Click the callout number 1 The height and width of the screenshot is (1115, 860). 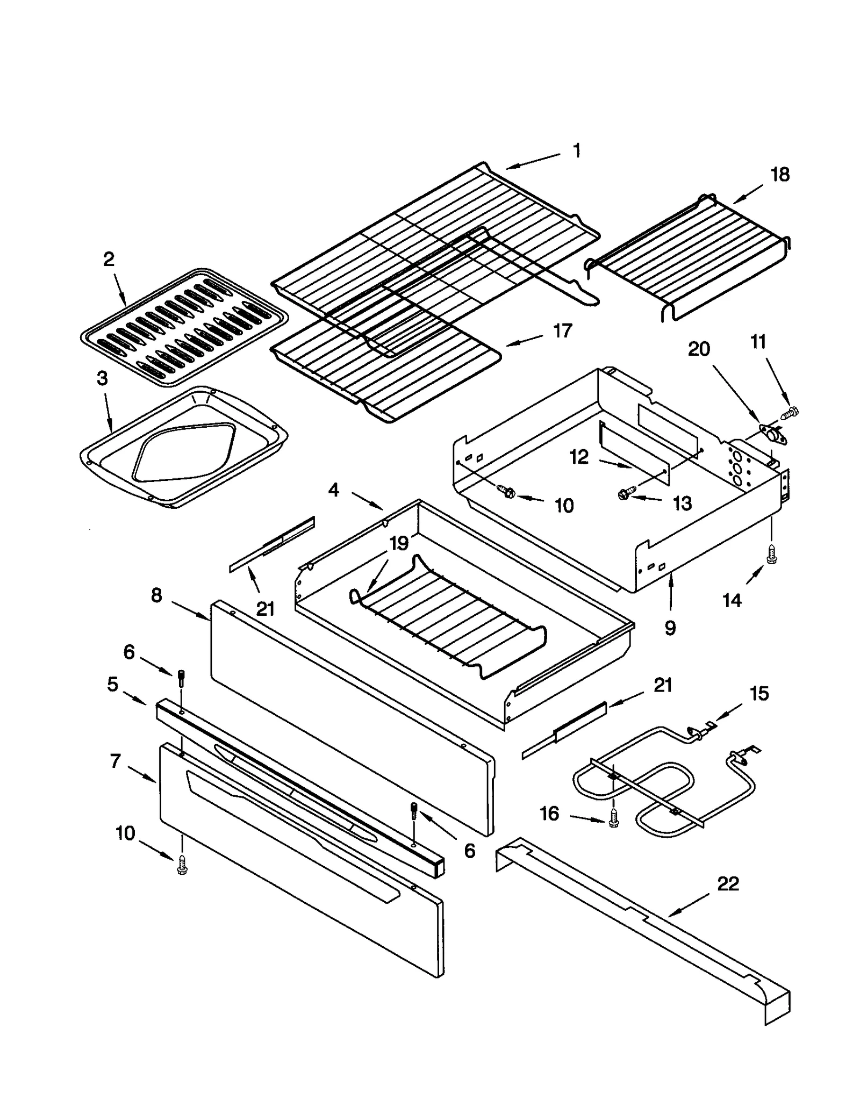[576, 151]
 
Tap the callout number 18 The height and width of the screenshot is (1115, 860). [780, 175]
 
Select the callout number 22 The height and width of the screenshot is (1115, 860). [728, 883]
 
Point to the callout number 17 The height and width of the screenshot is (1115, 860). [562, 331]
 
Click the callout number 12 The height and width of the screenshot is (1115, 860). [579, 457]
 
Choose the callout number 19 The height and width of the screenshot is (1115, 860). [399, 543]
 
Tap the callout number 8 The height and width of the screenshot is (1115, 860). [156, 595]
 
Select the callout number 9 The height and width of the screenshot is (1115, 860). [670, 628]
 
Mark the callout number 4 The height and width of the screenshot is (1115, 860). [334, 490]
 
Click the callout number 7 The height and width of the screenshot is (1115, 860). [116, 761]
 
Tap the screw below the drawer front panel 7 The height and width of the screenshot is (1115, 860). [182, 866]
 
